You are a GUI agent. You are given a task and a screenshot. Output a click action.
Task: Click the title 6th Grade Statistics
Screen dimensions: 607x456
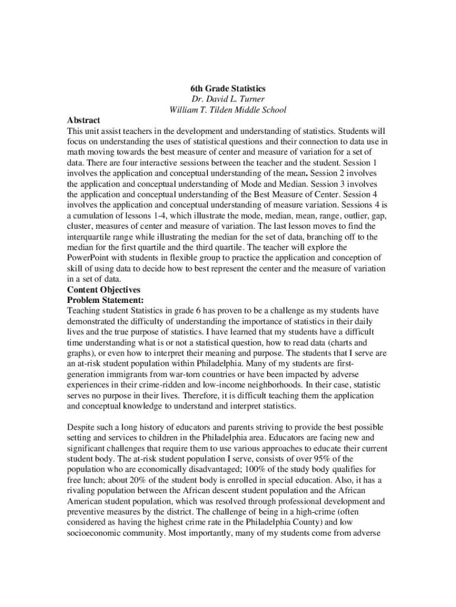coord(227,88)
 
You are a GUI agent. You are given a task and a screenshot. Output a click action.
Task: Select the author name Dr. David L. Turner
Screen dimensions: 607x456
coord(227,99)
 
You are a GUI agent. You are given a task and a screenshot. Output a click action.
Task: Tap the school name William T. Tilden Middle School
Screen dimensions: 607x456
coord(227,110)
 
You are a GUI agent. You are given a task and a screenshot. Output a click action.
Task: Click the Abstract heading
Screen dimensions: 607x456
coord(84,120)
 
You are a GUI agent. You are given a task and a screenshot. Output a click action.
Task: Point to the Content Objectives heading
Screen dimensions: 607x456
coord(104,290)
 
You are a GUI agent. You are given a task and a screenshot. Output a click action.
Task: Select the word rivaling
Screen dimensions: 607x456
coord(84,491)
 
